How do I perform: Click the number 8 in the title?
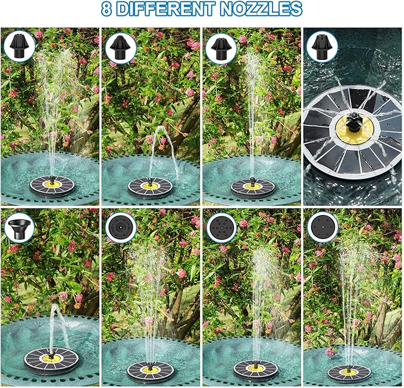108,10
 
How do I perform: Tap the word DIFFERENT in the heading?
170,10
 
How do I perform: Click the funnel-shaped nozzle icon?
20,227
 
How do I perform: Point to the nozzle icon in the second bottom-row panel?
121,227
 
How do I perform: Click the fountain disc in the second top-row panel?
150,187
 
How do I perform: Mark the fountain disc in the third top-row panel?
252,187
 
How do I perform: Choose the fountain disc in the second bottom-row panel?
150,371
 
